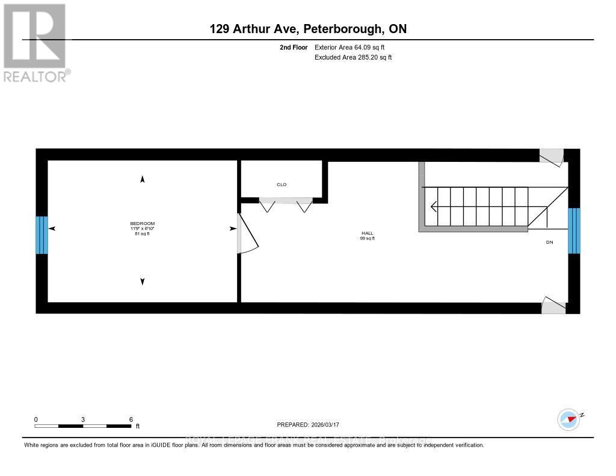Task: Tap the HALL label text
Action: pos(367,233)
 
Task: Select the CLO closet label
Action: pos(282,185)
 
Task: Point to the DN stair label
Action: pos(549,242)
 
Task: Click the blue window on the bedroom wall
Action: pos(41,235)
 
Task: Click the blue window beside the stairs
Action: pos(574,230)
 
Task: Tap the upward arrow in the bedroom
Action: pos(143,179)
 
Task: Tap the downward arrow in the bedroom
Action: pos(143,281)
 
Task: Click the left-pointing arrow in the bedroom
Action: pos(52,229)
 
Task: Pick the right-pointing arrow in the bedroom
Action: pos(232,229)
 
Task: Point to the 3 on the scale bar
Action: pos(83,419)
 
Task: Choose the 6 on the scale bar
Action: pos(131,419)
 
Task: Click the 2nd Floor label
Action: pos(294,47)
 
